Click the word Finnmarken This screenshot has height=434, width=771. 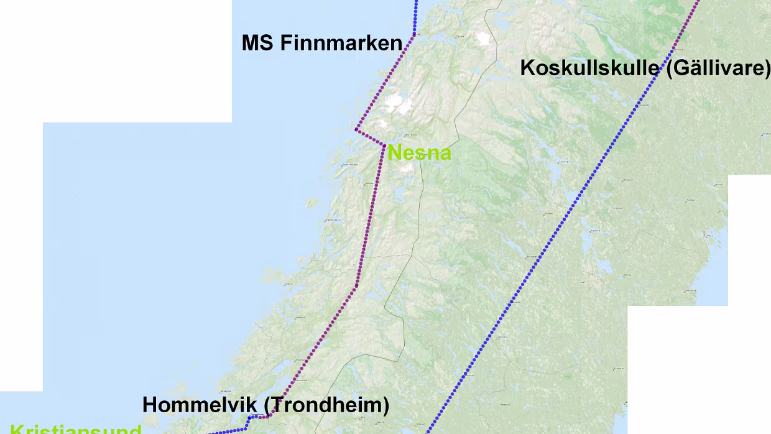341,43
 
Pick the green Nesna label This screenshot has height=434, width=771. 419,153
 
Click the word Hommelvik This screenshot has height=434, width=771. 199,405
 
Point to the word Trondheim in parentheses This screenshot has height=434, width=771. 327,405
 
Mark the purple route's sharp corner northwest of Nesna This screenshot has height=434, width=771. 356,129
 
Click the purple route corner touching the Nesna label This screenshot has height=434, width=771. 385,145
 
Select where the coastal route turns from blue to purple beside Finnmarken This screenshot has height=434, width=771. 413,35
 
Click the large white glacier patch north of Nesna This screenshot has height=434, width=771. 398,104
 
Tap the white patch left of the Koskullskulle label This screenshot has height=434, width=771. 482,39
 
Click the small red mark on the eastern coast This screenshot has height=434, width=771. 704,234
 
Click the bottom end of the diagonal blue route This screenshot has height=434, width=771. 427,432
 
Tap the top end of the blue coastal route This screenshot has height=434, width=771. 416,1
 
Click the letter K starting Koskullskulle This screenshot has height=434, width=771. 527,68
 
